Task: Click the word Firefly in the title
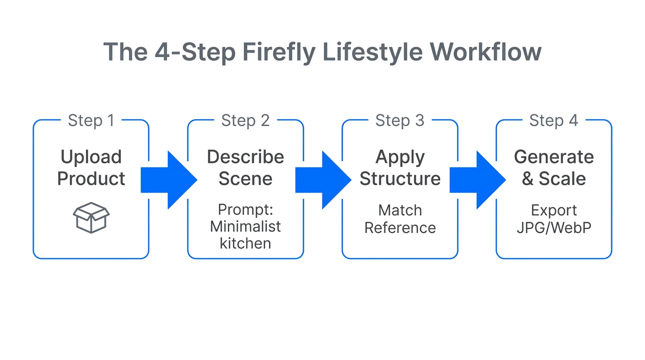click(279, 52)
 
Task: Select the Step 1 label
click(91, 120)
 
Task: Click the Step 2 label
click(245, 120)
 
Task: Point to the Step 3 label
click(400, 120)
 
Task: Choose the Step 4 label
click(554, 120)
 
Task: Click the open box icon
click(91, 217)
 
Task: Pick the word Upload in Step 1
click(91, 157)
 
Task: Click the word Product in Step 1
click(91, 179)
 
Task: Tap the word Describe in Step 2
click(245, 157)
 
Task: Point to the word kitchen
click(245, 244)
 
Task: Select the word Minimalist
click(245, 227)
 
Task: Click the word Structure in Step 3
click(400, 179)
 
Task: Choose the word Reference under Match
click(400, 228)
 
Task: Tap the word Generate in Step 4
click(554, 157)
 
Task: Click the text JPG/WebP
click(554, 228)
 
